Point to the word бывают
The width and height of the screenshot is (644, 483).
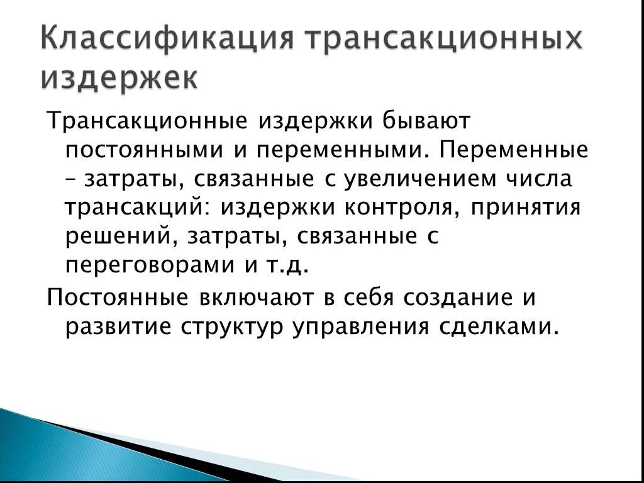(419, 121)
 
